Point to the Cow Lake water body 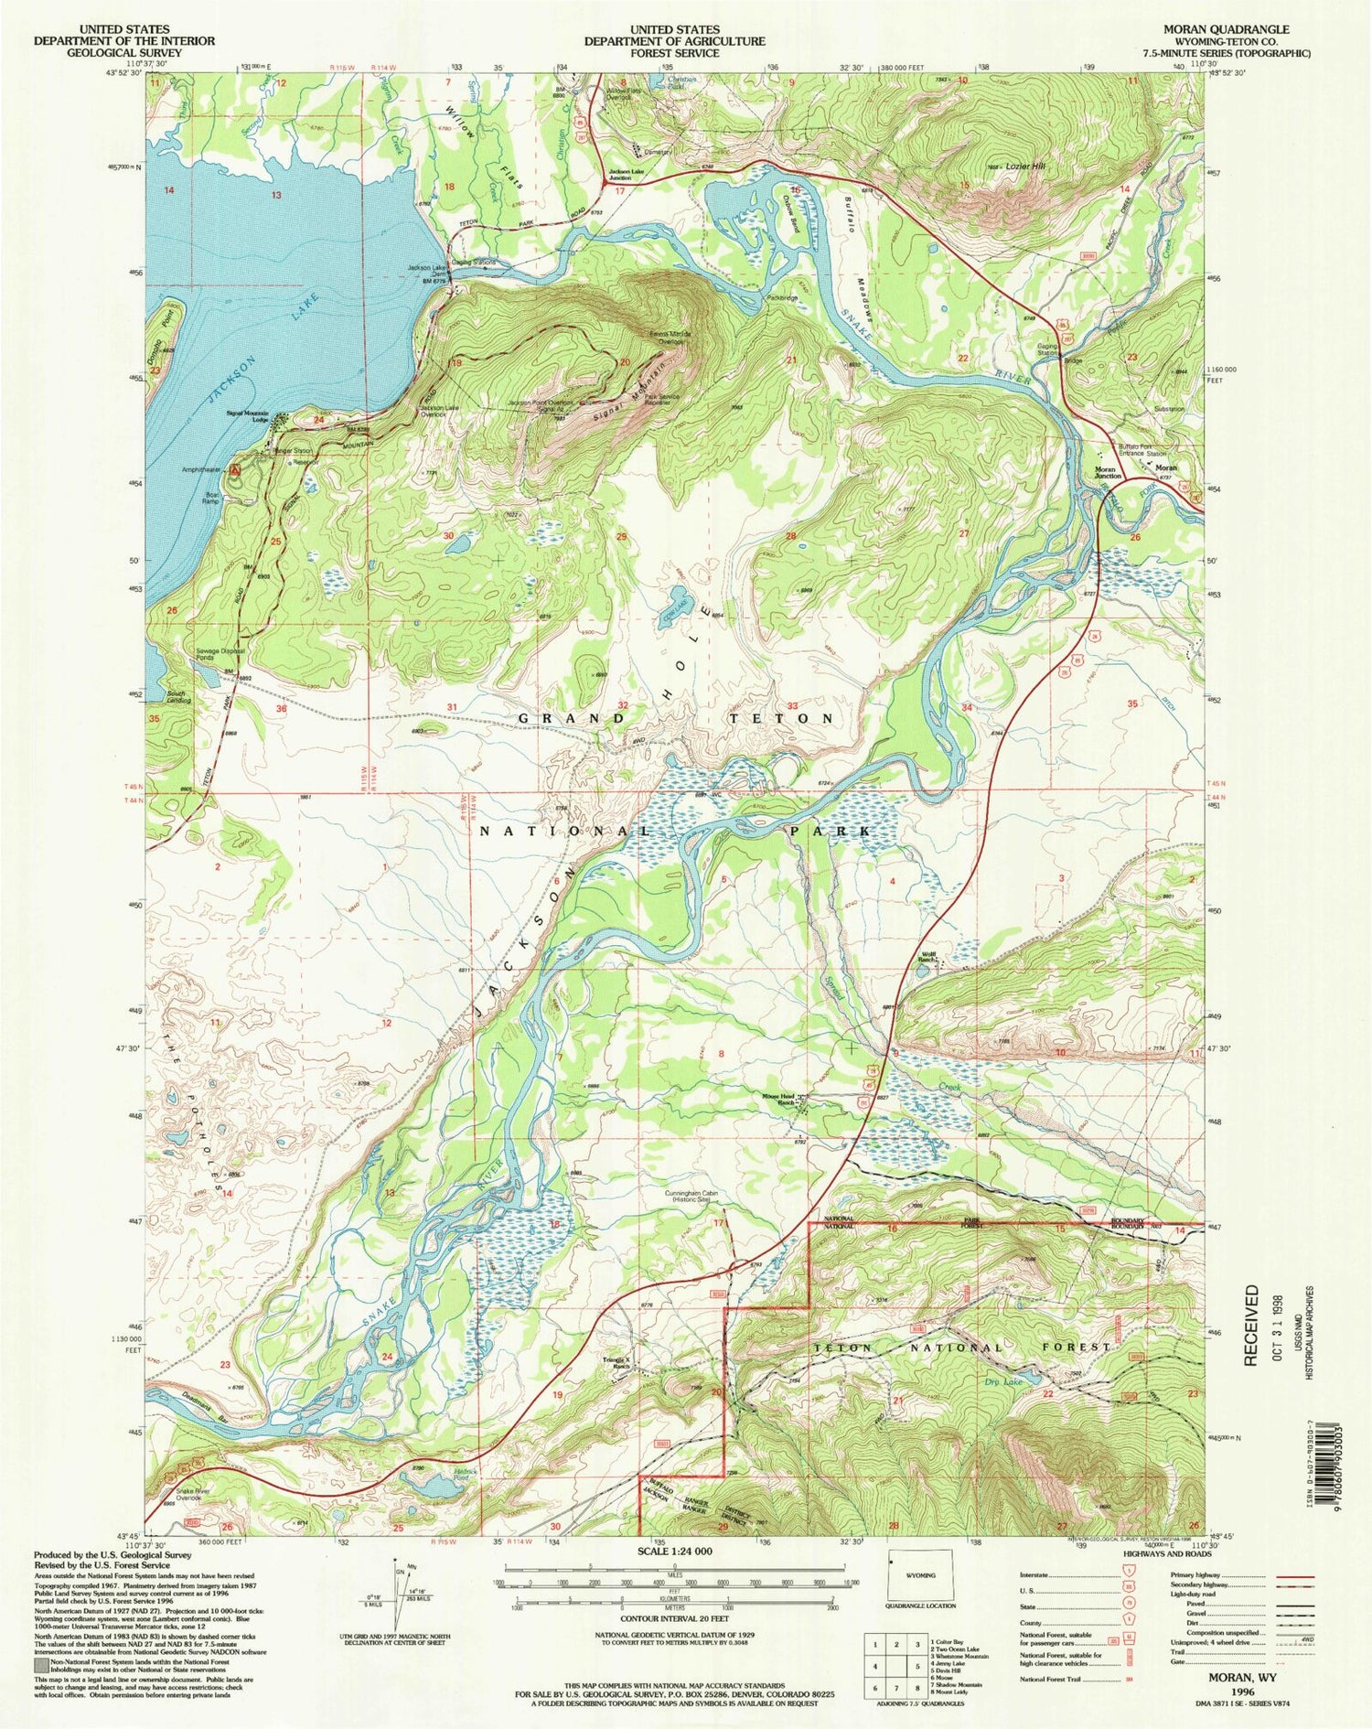pos(674,617)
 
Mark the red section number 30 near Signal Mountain pos(448,535)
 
